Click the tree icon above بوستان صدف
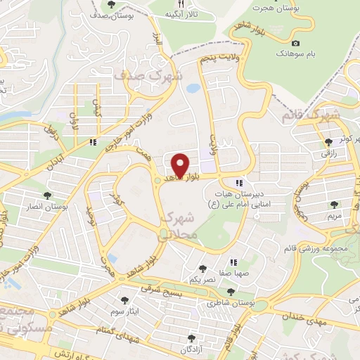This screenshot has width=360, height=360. click(112, 6)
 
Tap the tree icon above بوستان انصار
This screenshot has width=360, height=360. click(48, 195)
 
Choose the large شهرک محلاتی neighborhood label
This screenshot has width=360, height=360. click(181, 228)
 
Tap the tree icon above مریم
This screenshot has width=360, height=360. click(335, 205)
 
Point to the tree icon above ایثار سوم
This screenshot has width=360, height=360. click(126, 300)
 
